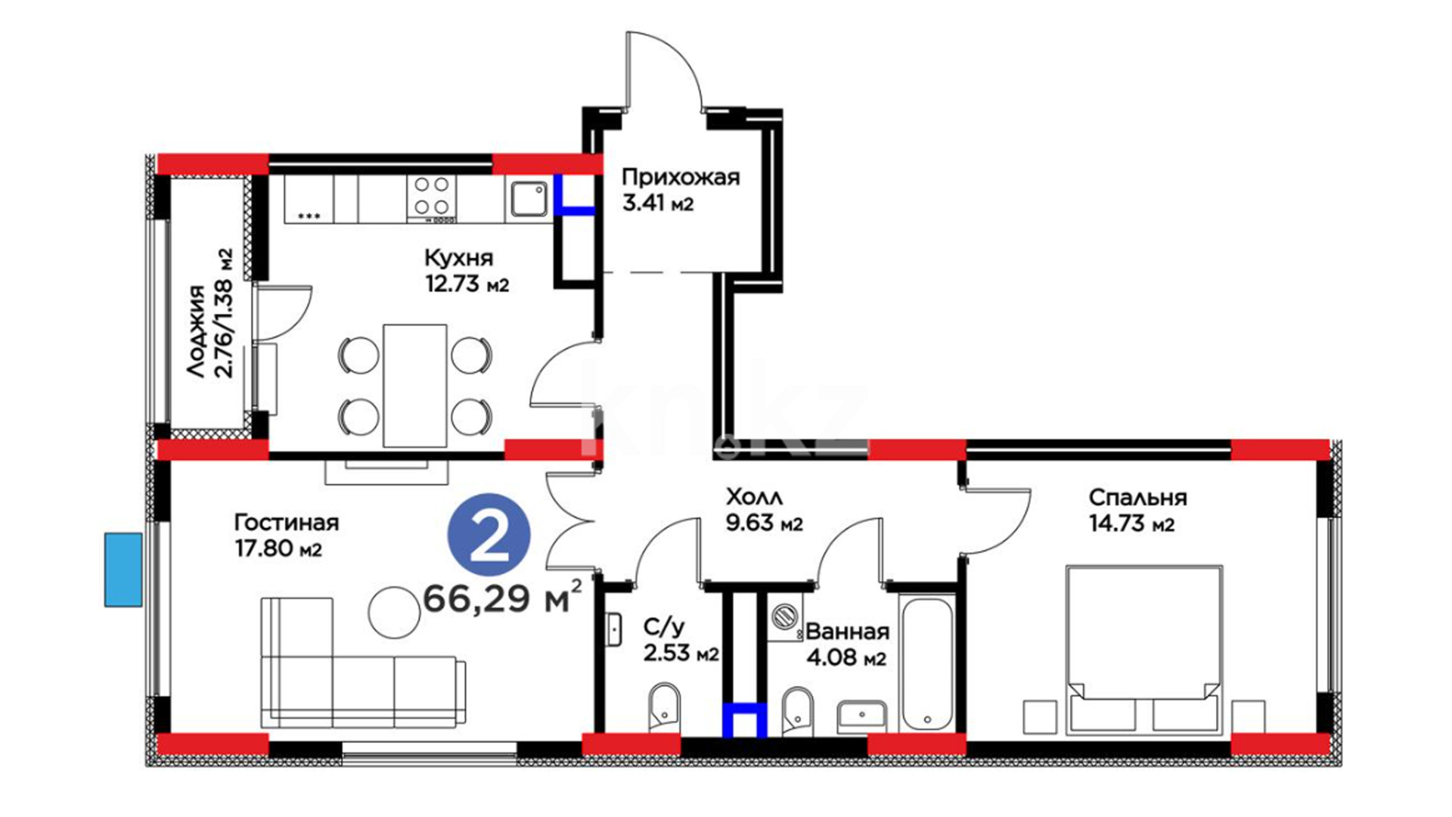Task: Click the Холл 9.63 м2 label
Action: [x=764, y=510]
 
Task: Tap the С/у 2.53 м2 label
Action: [x=681, y=640]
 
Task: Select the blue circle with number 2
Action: [x=489, y=536]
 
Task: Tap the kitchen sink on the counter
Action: [x=529, y=199]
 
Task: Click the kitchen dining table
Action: [x=414, y=386]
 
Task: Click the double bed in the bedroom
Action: [x=1143, y=650]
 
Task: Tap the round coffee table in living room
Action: [x=394, y=612]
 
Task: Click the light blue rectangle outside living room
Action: [x=123, y=570]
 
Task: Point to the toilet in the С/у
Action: [x=665, y=707]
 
